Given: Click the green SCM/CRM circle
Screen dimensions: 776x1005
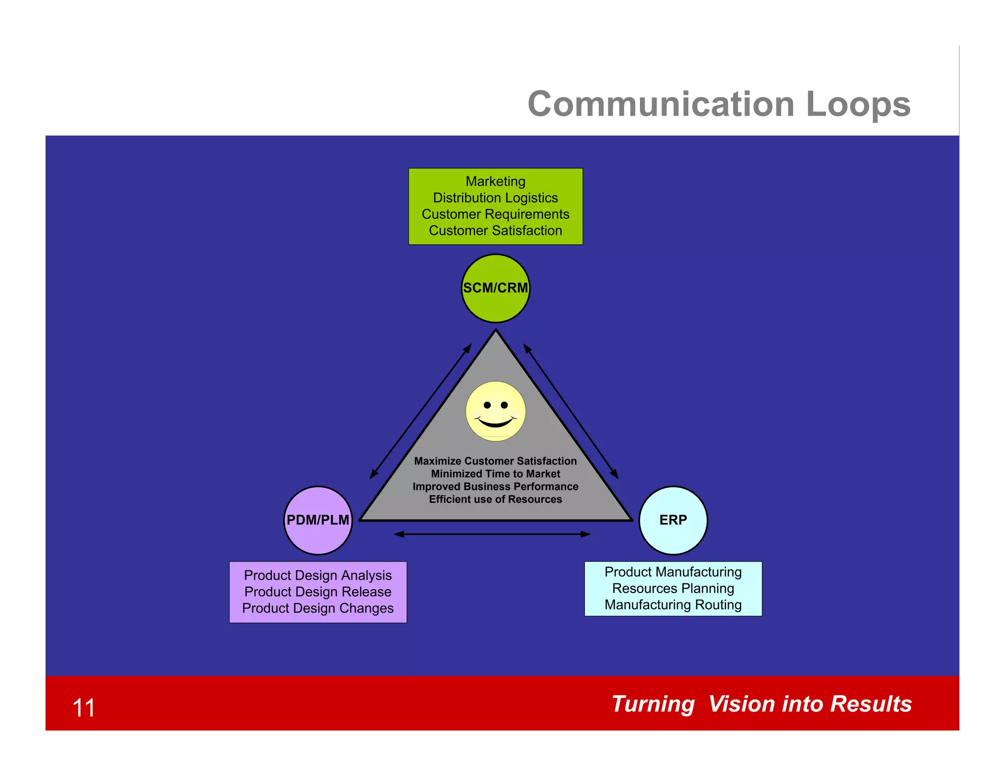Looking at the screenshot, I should coord(496,288).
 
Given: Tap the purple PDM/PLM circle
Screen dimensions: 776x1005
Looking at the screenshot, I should coord(318,520).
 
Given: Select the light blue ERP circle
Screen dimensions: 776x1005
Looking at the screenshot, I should coord(673,520).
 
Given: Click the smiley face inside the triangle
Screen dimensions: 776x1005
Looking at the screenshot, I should coord(496,411).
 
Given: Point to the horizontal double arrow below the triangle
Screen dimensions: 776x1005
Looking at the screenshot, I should coord(492,534).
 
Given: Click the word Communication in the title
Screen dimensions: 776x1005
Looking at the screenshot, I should coord(661,104).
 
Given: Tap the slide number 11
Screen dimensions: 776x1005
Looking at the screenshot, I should coord(83,708).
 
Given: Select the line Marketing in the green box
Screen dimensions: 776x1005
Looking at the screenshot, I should coord(495,181).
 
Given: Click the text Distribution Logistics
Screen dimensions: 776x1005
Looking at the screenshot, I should coord(495,198).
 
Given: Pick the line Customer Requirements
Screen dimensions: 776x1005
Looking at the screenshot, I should coord(495,214).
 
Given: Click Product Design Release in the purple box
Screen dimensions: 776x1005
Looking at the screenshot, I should coord(318,592).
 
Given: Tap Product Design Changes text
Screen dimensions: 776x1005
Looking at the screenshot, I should coord(318,608).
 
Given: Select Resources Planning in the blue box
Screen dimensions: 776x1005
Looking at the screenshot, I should coord(673,588).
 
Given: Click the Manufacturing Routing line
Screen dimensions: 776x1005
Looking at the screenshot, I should coord(673,605).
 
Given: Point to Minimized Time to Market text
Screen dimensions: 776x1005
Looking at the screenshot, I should coord(495,474).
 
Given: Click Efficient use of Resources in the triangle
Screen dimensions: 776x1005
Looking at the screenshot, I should coord(495,499).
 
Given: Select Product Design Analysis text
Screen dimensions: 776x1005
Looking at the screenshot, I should coord(318,575).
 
